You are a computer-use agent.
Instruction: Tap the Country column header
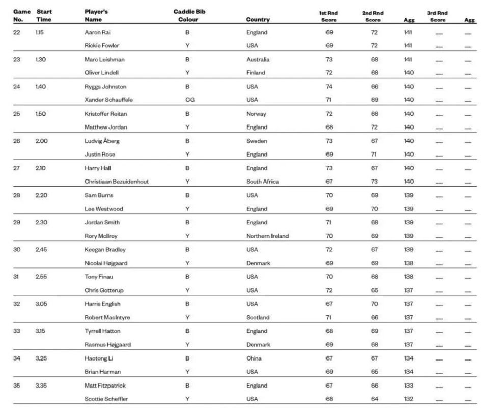click(258, 20)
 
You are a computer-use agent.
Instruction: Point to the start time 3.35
click(41, 386)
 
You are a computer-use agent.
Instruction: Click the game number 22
click(17, 32)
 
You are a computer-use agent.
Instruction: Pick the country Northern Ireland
click(267, 236)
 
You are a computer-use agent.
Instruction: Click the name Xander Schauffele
click(108, 100)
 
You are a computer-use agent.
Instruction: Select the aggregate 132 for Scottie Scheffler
click(409, 399)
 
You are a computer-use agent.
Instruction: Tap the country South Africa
click(262, 182)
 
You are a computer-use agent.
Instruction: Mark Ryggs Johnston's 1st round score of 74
click(329, 87)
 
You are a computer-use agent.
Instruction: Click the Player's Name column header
click(96, 16)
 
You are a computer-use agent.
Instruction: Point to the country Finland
click(255, 73)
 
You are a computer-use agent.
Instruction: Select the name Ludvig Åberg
click(102, 141)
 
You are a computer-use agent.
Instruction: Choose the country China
click(254, 358)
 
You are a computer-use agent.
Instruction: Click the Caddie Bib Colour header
click(189, 16)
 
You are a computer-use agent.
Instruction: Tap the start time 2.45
click(41, 249)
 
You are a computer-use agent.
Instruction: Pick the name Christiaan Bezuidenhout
click(117, 182)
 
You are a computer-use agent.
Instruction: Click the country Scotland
click(258, 317)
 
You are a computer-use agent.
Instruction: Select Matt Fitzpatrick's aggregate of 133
click(409, 386)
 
